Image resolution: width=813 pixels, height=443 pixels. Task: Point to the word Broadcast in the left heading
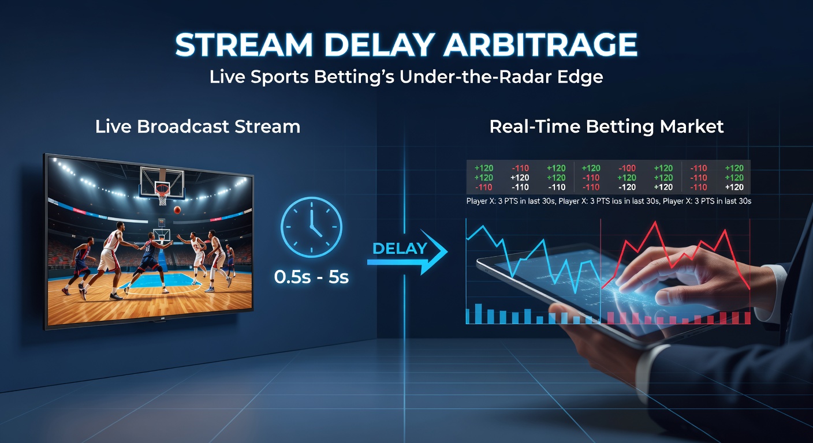click(177, 127)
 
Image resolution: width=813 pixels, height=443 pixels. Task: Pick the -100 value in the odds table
click(626, 168)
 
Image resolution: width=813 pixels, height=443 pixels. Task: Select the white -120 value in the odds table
click(626, 187)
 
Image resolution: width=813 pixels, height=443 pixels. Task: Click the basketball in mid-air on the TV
click(177, 210)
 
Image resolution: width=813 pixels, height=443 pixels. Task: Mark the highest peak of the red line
click(655, 223)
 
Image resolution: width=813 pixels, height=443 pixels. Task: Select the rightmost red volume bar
click(747, 317)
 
